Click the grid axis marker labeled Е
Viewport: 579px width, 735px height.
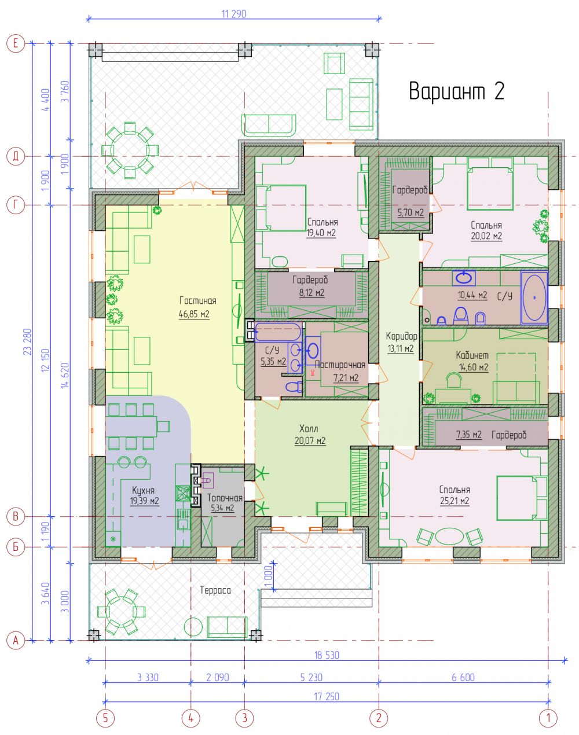[x=16, y=43]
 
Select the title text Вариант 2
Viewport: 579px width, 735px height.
[x=457, y=91]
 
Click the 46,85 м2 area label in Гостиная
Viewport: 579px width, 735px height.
[x=194, y=314]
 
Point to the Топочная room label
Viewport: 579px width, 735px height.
[x=225, y=498]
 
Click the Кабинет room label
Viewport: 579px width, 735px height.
[x=472, y=355]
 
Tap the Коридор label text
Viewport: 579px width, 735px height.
[x=401, y=336]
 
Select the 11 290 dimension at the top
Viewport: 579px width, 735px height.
[x=234, y=14]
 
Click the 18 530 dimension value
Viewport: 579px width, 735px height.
[x=327, y=655]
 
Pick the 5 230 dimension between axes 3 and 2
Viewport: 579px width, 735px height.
[x=311, y=677]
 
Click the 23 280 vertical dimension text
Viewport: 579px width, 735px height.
[x=27, y=341]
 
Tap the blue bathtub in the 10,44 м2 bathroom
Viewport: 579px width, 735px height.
[x=534, y=297]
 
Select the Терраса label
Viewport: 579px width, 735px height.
[x=215, y=590]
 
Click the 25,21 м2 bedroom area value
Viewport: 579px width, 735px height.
[x=455, y=501]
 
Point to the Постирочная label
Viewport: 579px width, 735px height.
[x=340, y=365]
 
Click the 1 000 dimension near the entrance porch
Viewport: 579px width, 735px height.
[x=269, y=578]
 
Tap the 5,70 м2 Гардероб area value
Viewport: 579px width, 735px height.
[x=411, y=212]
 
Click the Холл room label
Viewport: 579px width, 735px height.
[x=309, y=428]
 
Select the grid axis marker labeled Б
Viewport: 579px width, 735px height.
[x=16, y=547]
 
